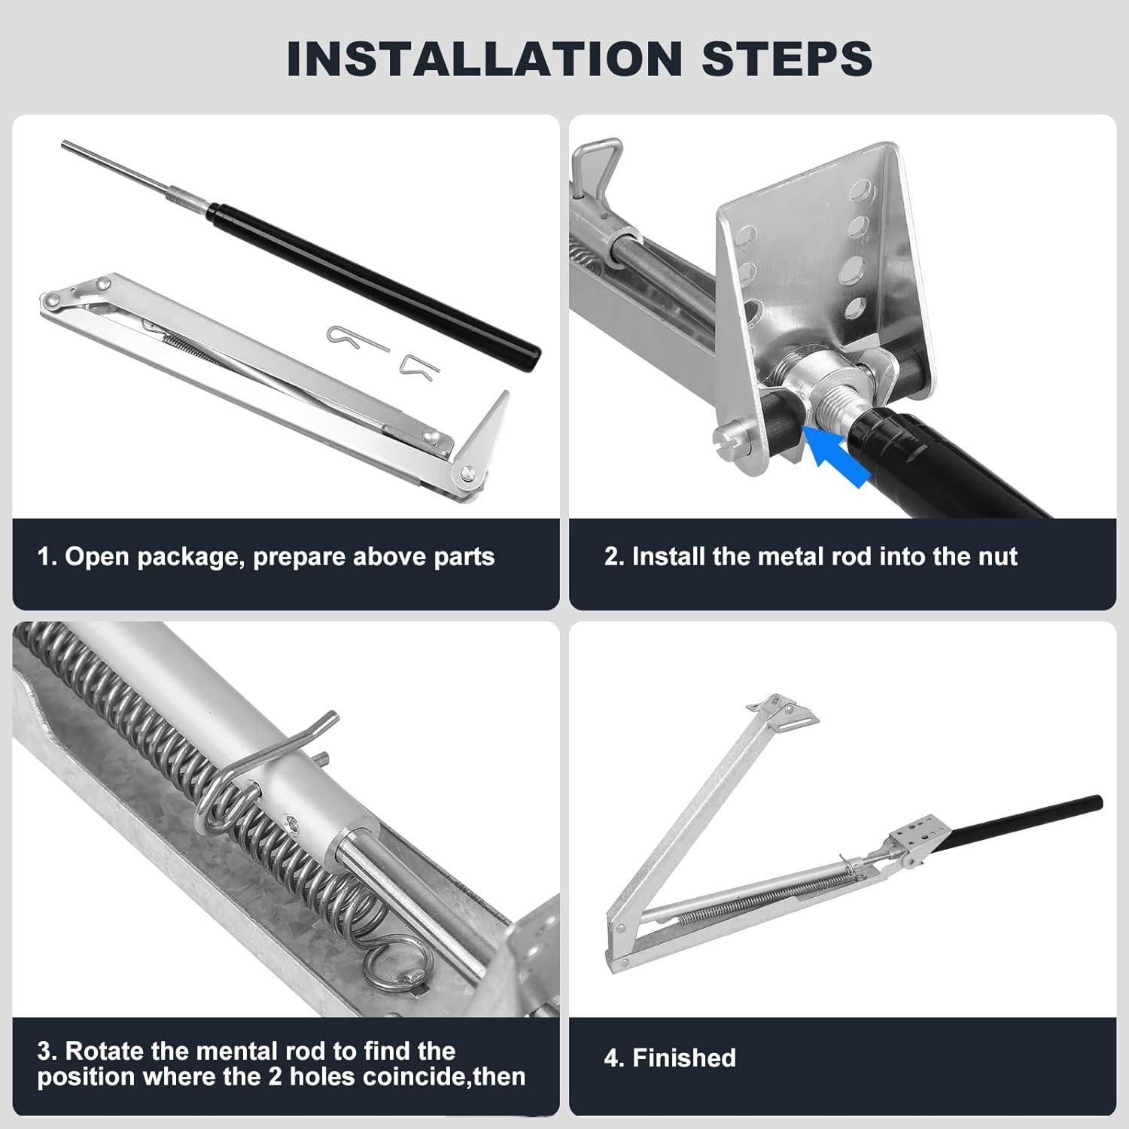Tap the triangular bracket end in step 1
(482, 437)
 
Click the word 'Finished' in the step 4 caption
(684, 1058)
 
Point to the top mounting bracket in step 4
(783, 712)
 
